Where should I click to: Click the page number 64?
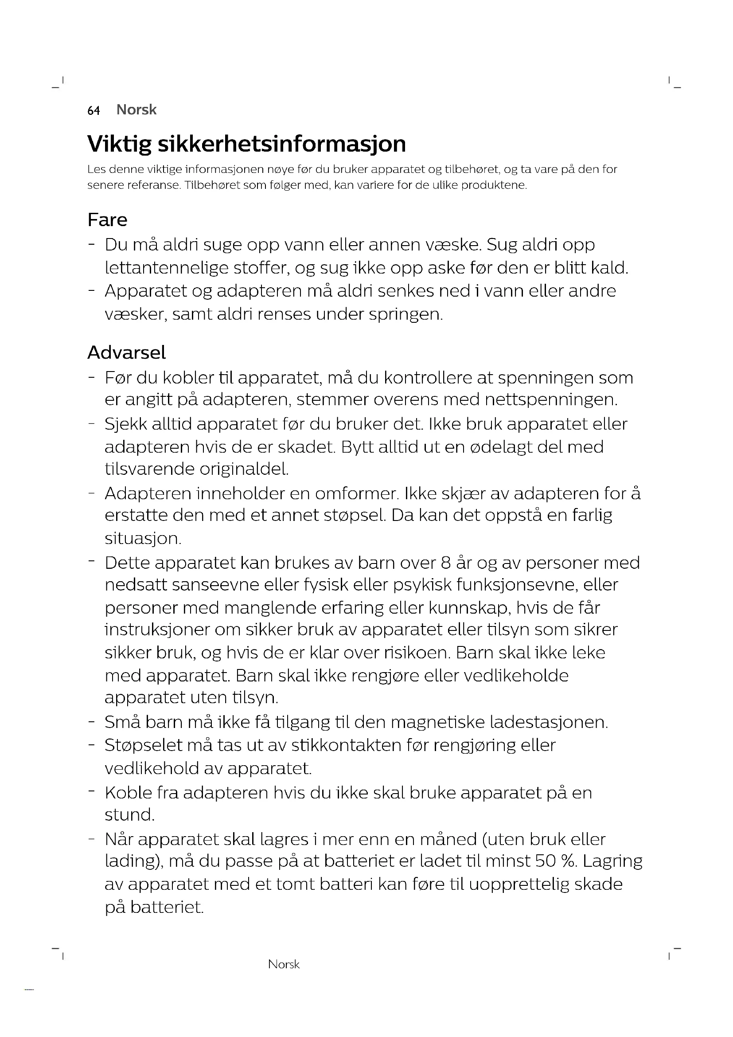[94, 111]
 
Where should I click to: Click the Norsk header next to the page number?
[136, 110]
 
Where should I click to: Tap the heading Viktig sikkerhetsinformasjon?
[246, 144]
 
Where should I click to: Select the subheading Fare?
[107, 220]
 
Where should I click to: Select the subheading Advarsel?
[126, 353]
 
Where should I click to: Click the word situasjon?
[143, 538]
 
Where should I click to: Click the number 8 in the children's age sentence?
[446, 563]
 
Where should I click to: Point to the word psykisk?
[422, 585]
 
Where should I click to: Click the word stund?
[129, 815]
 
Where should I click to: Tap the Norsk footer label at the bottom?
[284, 964]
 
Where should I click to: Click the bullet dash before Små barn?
[92, 721]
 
